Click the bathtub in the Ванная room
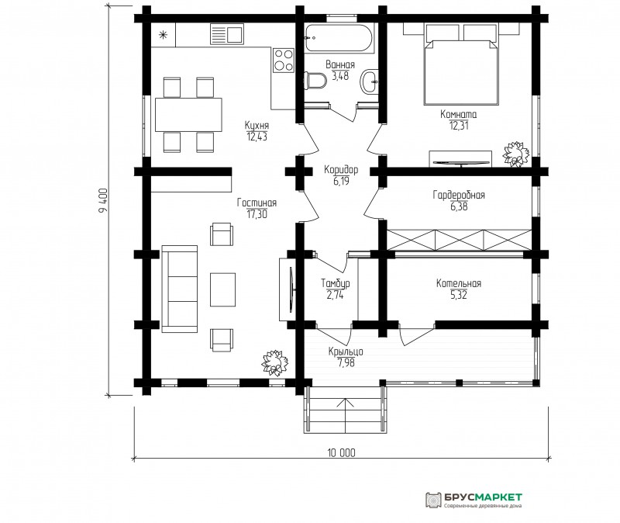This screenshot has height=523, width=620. pos(339,37)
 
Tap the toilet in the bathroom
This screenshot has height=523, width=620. pos(315,81)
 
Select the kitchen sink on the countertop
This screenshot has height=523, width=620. pos(226,33)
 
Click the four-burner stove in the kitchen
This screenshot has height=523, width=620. pos(284,60)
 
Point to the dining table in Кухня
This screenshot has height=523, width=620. pos(188,115)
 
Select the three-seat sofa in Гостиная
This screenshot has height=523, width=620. pos(180,289)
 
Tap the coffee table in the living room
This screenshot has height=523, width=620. pos(222,289)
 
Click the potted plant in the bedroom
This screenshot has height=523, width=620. pos(515,154)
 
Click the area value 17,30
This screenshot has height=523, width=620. pos(257,215)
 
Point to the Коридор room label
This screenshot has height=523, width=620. pos(341,170)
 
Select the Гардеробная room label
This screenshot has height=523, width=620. pos(459,195)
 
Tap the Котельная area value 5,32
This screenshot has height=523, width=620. pos(459,295)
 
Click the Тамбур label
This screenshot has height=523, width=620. pos(336,283)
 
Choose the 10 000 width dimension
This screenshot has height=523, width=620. pos(341,452)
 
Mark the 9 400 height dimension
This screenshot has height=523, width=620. pos(103,200)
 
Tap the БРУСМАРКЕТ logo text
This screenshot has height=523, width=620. pos(483,497)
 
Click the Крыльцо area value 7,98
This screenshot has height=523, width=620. pos(346,362)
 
